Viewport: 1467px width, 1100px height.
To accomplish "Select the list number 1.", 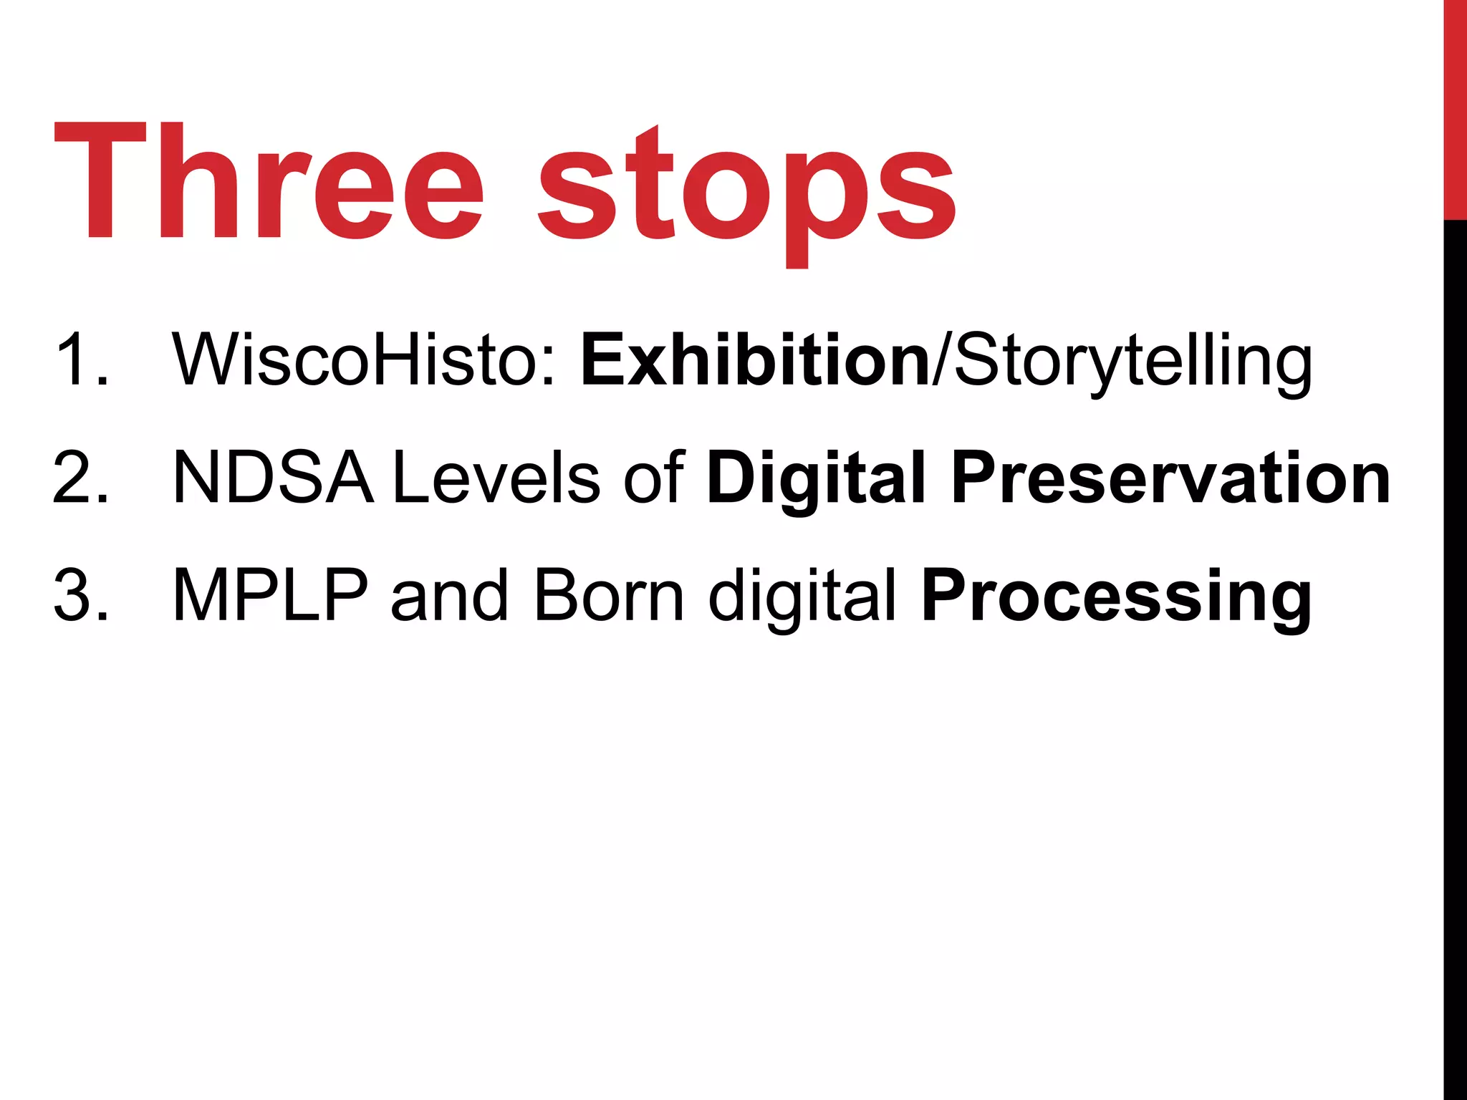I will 80,360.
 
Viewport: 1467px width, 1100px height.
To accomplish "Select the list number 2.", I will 80,478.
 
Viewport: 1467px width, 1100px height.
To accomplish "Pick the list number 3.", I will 80,596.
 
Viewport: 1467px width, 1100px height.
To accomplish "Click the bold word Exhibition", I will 755,360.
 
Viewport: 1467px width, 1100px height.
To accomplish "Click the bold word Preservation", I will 1170,478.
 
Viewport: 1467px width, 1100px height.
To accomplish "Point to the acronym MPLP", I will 271,596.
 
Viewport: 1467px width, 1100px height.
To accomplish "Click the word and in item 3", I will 450,596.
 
